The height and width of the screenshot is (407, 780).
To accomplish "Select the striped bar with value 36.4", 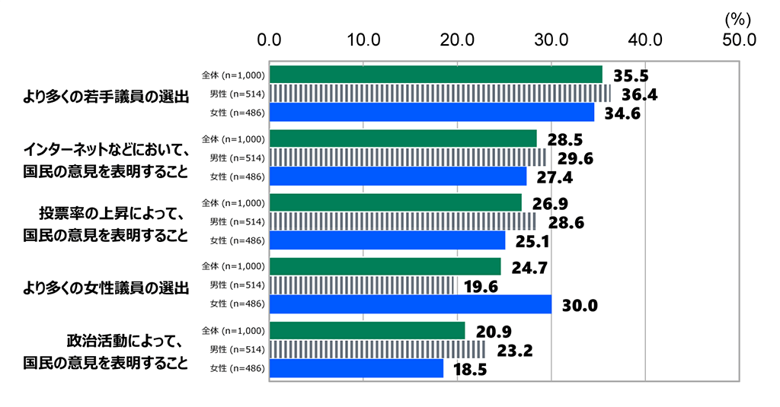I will click(x=440, y=94).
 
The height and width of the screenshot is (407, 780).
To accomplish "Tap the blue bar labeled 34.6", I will click(x=432, y=113).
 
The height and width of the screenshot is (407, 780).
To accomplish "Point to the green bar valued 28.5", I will click(x=403, y=138).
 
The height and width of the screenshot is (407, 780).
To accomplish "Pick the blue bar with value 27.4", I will click(x=398, y=176).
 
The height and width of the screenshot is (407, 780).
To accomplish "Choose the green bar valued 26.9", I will click(x=395, y=202).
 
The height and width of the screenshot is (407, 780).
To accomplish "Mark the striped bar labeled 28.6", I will click(x=403, y=221).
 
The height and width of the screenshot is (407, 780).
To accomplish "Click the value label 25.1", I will click(x=528, y=242).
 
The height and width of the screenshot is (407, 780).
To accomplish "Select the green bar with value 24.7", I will click(x=385, y=266).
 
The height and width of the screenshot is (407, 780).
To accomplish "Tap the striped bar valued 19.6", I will click(x=362, y=285).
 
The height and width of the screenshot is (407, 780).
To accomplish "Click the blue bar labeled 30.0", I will click(x=411, y=304).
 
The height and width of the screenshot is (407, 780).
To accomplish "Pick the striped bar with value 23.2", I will click(x=377, y=349).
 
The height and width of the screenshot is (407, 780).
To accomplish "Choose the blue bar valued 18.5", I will click(x=356, y=368).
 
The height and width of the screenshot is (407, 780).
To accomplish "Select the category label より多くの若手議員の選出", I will click(x=106, y=96).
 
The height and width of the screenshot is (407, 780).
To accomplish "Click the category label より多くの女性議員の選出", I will click(x=106, y=288).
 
